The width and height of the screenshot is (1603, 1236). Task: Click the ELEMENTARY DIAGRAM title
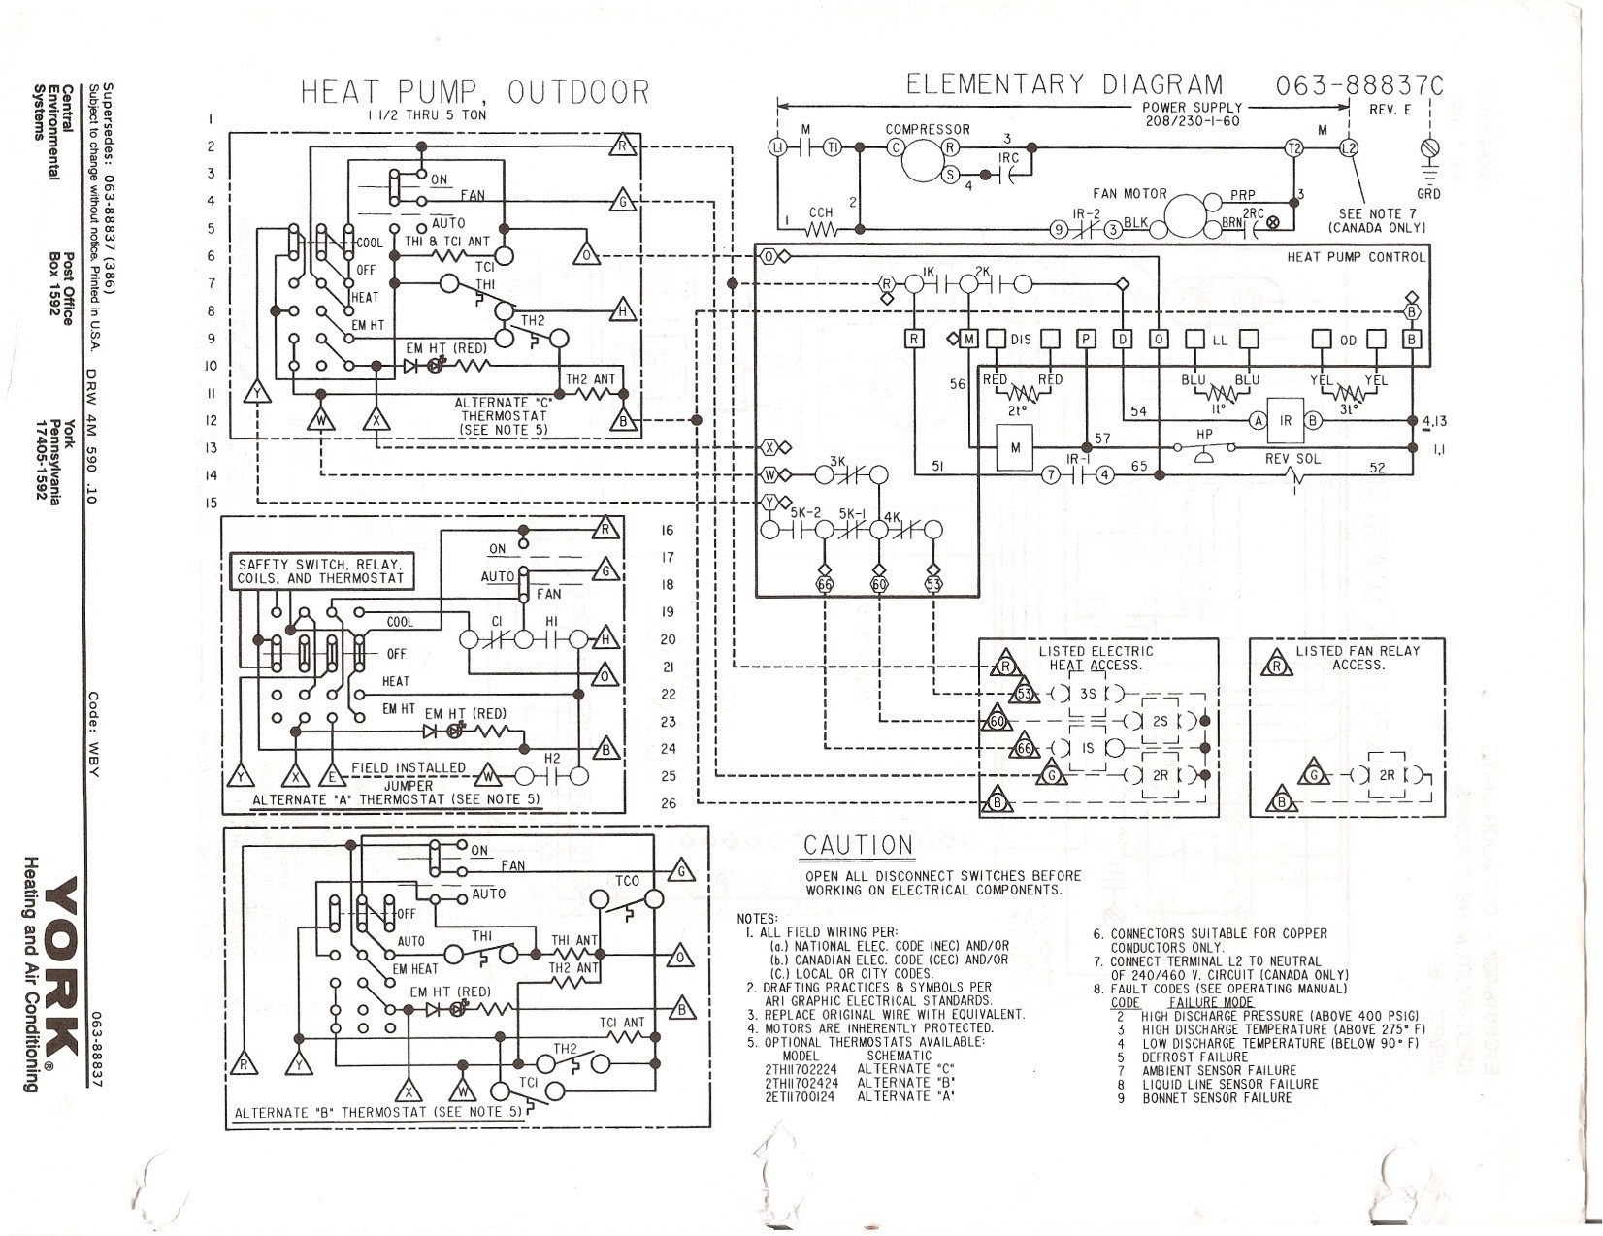[1064, 85]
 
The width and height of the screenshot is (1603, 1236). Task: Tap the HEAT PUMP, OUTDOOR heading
[474, 92]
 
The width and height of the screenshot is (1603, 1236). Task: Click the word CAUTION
[858, 846]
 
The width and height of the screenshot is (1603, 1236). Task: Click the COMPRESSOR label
[927, 129]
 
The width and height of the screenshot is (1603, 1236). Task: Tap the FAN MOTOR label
[1129, 194]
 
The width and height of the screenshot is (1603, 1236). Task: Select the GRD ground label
[1428, 193]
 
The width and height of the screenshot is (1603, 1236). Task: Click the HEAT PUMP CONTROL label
[1357, 257]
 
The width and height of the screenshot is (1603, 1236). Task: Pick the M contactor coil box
[1015, 447]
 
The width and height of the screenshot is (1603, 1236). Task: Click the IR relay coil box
[1285, 420]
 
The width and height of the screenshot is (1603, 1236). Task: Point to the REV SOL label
[1293, 458]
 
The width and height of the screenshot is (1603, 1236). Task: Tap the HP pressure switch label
[1204, 434]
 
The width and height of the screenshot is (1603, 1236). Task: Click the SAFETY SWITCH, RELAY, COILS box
[321, 571]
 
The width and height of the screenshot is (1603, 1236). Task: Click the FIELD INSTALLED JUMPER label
[409, 776]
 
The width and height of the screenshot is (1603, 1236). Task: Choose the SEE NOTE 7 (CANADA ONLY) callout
[1377, 220]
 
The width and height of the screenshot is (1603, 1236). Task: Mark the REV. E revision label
[1390, 110]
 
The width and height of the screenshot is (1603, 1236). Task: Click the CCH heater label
[821, 212]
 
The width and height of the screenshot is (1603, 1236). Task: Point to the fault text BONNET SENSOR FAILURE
[1217, 1097]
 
